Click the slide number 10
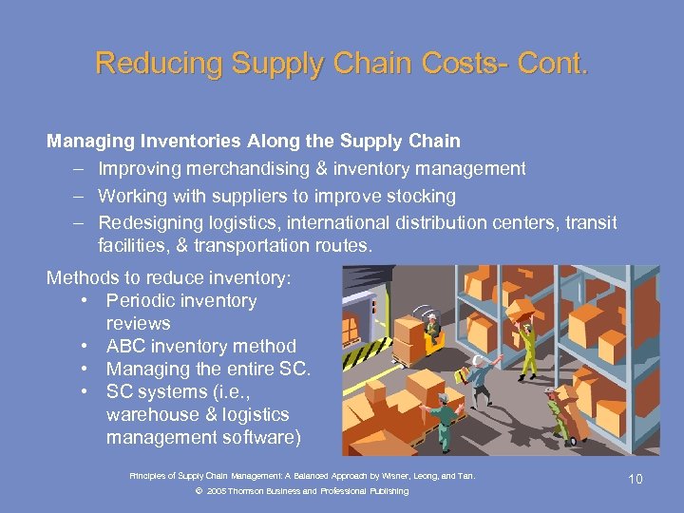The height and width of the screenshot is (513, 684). click(x=635, y=479)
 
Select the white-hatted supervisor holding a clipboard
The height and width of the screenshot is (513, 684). click(x=480, y=379)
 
